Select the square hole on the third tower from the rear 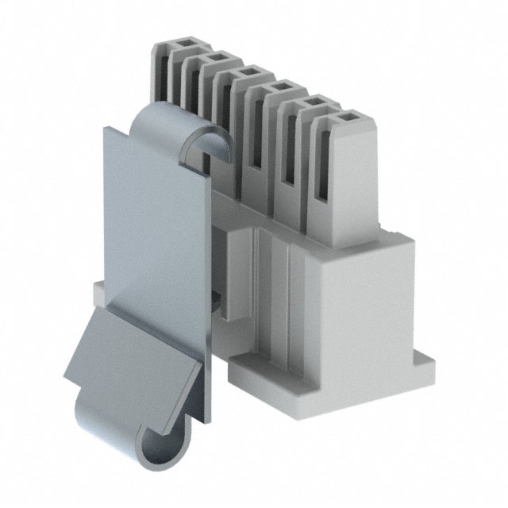tap(245, 74)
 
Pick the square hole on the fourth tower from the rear tap(279, 88)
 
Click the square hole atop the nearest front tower tap(346, 119)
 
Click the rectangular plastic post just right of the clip tap(234, 270)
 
